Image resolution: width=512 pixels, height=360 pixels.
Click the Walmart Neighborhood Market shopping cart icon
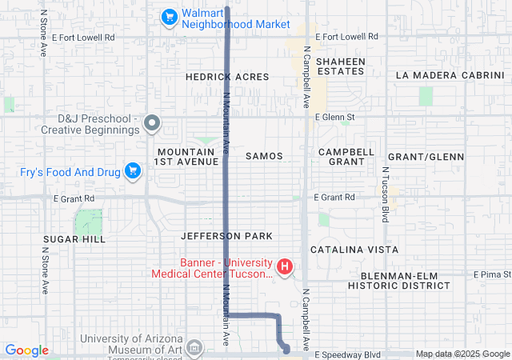(169, 16)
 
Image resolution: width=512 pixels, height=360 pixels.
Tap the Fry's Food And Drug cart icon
(133, 170)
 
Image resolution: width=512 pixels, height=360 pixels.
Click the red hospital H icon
(283, 266)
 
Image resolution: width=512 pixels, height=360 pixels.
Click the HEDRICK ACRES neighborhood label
(226, 77)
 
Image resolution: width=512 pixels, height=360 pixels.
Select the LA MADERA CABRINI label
(450, 76)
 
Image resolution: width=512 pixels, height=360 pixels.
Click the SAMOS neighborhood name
(265, 156)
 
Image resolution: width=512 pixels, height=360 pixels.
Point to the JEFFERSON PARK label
(226, 236)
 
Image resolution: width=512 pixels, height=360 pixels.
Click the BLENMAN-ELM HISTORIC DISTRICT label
(399, 280)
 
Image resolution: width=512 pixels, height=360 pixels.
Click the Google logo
(27, 350)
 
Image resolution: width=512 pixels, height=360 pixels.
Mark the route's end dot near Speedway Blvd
(287, 350)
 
